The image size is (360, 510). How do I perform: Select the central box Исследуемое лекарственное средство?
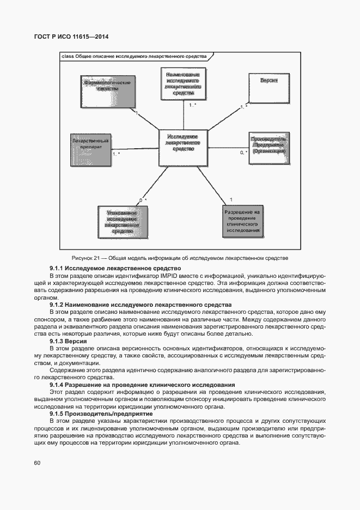tap(182, 147)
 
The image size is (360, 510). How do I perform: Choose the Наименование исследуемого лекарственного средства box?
tap(183, 84)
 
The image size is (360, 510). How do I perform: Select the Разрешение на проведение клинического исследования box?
tap(243, 221)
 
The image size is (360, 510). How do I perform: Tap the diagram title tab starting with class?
tap(133, 56)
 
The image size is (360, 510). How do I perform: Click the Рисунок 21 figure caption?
tap(180, 258)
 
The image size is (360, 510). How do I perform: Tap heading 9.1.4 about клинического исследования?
tap(142, 385)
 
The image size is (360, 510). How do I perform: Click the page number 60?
tap(38, 463)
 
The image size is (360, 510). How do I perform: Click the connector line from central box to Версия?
tap(229, 118)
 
